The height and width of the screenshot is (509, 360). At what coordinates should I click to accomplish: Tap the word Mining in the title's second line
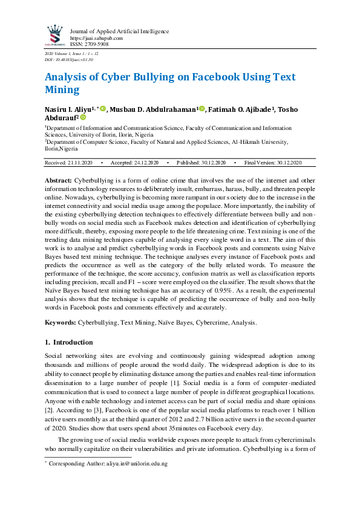(62, 91)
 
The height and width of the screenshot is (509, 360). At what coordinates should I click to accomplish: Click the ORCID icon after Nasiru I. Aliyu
(103, 109)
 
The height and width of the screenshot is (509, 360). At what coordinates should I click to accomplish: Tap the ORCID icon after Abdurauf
(83, 118)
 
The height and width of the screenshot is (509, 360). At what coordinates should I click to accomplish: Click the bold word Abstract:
(59, 181)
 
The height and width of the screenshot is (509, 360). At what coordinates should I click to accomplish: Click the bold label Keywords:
(61, 323)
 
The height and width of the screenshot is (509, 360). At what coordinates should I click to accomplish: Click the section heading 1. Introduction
(69, 342)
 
